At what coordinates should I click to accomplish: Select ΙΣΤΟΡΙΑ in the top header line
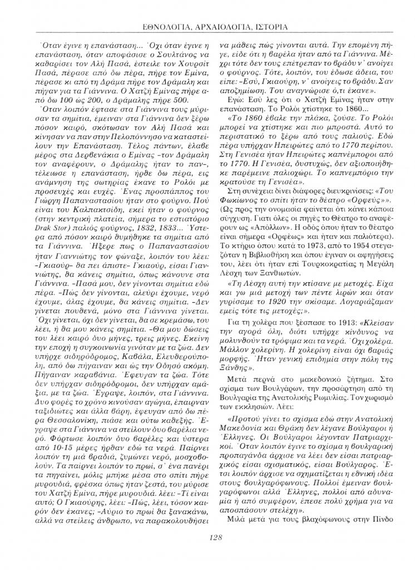click(x=268, y=26)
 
